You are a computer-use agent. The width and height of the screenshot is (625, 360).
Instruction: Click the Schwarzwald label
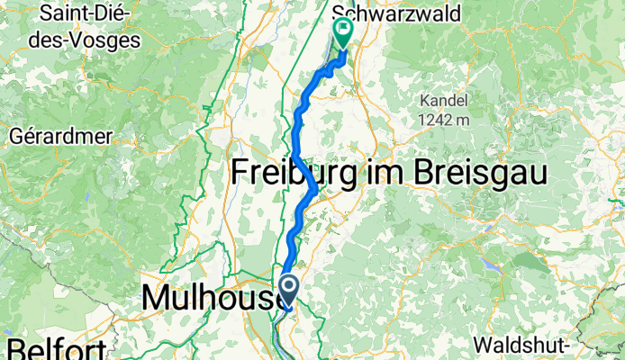point(396,13)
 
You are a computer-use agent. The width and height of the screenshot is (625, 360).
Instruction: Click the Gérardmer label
point(61,137)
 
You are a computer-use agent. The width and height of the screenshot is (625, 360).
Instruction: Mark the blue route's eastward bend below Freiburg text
point(313,190)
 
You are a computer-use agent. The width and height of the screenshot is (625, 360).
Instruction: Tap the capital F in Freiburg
point(244,173)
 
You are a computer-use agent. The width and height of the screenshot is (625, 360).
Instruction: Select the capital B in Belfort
point(18,349)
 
